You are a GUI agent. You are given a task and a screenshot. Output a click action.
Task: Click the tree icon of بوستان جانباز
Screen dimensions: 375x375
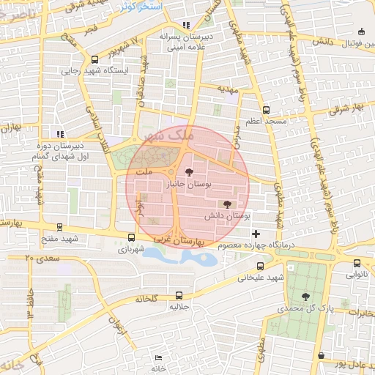coord(190,173)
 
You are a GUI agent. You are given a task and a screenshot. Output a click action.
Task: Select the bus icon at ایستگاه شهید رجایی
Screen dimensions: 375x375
coord(94,59)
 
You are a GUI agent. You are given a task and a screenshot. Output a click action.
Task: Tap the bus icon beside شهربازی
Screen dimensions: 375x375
coord(131,237)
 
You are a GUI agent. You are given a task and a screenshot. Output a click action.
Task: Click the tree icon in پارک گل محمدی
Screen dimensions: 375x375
coord(305,296)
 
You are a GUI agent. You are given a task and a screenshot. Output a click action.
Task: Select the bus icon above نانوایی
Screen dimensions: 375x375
coord(357,263)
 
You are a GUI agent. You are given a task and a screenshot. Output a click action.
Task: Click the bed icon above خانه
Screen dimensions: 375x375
coord(159,357)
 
